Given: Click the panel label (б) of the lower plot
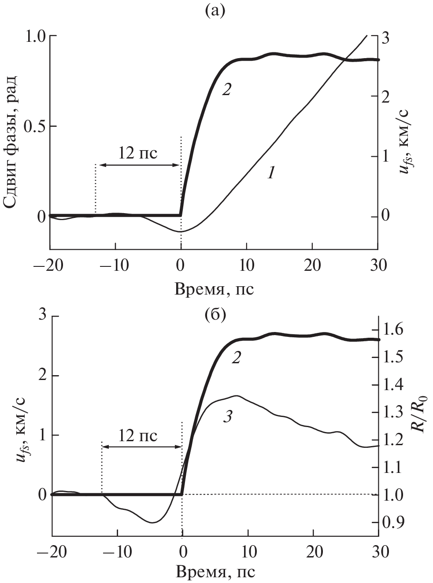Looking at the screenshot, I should point(215,314).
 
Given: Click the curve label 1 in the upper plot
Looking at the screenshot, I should point(271,173).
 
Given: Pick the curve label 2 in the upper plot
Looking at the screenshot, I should point(226,89).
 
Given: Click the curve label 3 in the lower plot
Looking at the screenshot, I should point(227,417).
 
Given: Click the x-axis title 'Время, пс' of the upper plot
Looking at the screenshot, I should point(215,289).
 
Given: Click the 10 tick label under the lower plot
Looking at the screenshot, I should point(248,551).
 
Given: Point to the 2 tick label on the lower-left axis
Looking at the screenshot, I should point(43,376).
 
